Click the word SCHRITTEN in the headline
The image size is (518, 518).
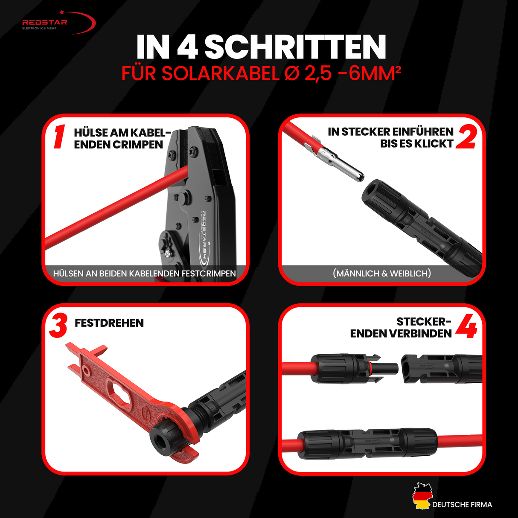295,47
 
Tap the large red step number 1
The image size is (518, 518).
59,137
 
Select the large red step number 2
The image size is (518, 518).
466,137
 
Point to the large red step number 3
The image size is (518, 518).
58,326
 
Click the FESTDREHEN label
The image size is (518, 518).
109,323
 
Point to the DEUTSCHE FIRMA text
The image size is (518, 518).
462,505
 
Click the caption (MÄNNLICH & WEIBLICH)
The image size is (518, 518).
382,274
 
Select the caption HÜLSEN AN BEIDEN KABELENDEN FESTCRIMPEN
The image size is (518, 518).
145,274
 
